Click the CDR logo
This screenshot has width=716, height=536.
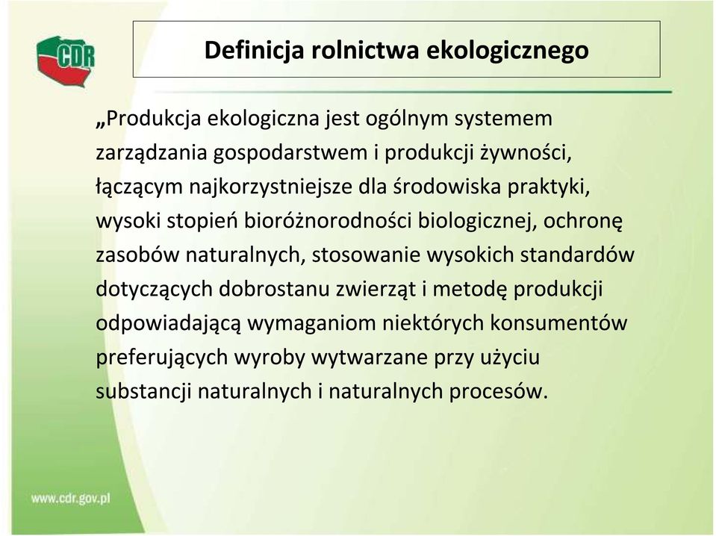66,61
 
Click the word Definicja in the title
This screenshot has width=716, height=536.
254,50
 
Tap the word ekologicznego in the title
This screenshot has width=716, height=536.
508,51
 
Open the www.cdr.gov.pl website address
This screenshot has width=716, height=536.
71,498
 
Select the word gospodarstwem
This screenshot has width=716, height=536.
290,153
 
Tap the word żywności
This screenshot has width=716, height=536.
526,153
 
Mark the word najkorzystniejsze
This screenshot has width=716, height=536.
270,187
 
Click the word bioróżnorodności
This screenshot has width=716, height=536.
328,221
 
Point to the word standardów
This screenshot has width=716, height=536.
577,255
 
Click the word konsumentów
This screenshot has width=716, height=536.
559,323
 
